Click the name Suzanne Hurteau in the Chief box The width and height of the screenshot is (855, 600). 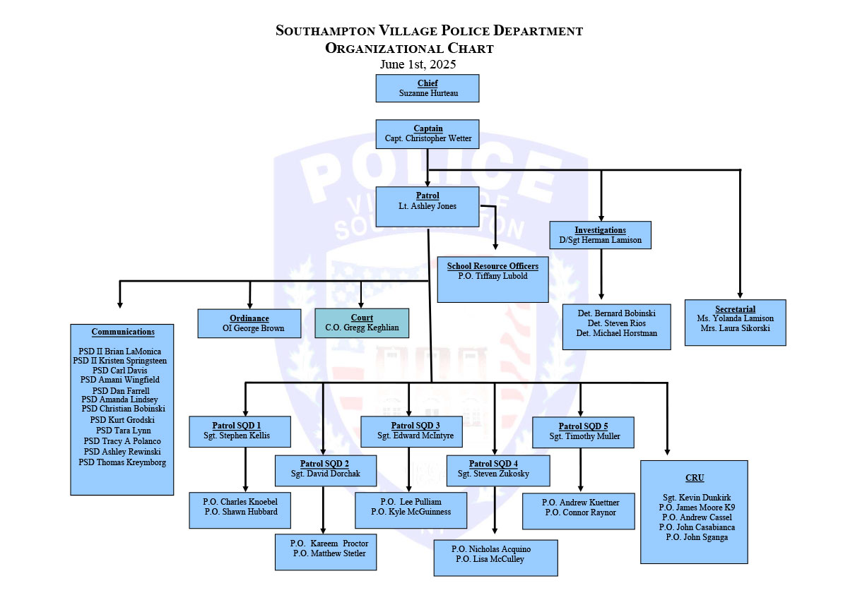click(x=427, y=93)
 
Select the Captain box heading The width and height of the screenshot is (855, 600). click(x=428, y=128)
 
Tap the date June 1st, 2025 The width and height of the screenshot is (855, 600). click(x=418, y=64)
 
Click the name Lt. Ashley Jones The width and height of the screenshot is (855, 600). click(x=427, y=206)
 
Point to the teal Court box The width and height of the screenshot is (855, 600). click(x=362, y=323)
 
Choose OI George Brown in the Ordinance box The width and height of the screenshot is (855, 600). click(x=249, y=328)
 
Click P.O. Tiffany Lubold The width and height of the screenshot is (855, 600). click(x=493, y=276)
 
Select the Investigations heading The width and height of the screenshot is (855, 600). click(x=600, y=230)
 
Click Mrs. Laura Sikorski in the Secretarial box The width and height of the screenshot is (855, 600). click(x=735, y=328)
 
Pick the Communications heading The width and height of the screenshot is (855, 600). click(x=123, y=332)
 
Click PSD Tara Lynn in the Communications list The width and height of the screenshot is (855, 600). click(x=123, y=431)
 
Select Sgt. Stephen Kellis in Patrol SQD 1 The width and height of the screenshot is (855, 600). click(x=240, y=436)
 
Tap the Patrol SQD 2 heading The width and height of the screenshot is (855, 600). click(x=325, y=463)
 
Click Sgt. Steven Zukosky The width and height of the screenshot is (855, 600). click(x=493, y=474)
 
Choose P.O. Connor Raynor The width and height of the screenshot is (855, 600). click(x=580, y=512)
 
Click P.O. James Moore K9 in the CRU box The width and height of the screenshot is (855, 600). click(x=697, y=507)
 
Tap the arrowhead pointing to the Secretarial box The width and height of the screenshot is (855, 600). click(x=740, y=295)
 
